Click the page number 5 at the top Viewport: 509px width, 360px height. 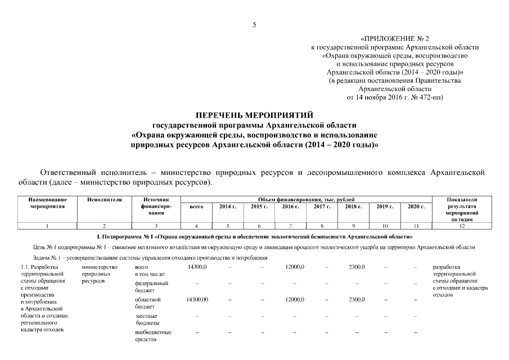254,24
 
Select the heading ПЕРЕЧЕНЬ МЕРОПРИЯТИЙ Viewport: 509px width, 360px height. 254,115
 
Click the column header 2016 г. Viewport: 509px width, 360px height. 290,207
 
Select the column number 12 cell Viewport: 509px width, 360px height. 461,226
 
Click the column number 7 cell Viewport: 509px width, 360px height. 290,226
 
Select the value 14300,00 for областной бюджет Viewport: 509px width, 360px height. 197,300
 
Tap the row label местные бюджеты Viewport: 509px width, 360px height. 148,319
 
